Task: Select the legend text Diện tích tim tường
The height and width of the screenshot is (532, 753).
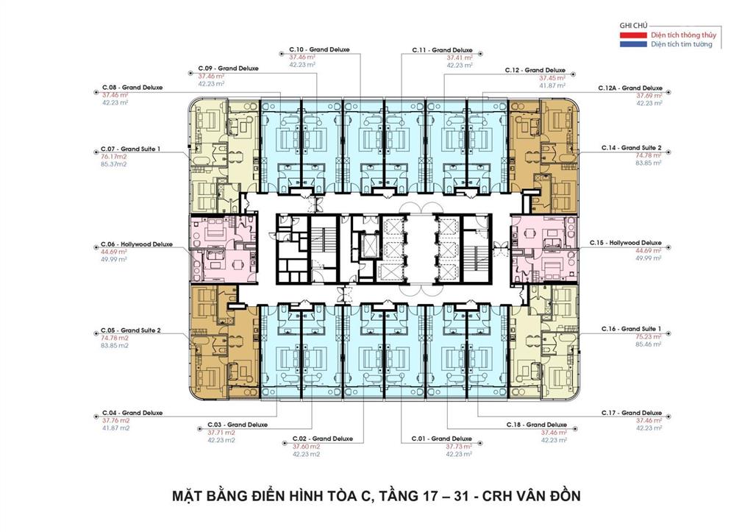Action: tap(682, 44)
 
